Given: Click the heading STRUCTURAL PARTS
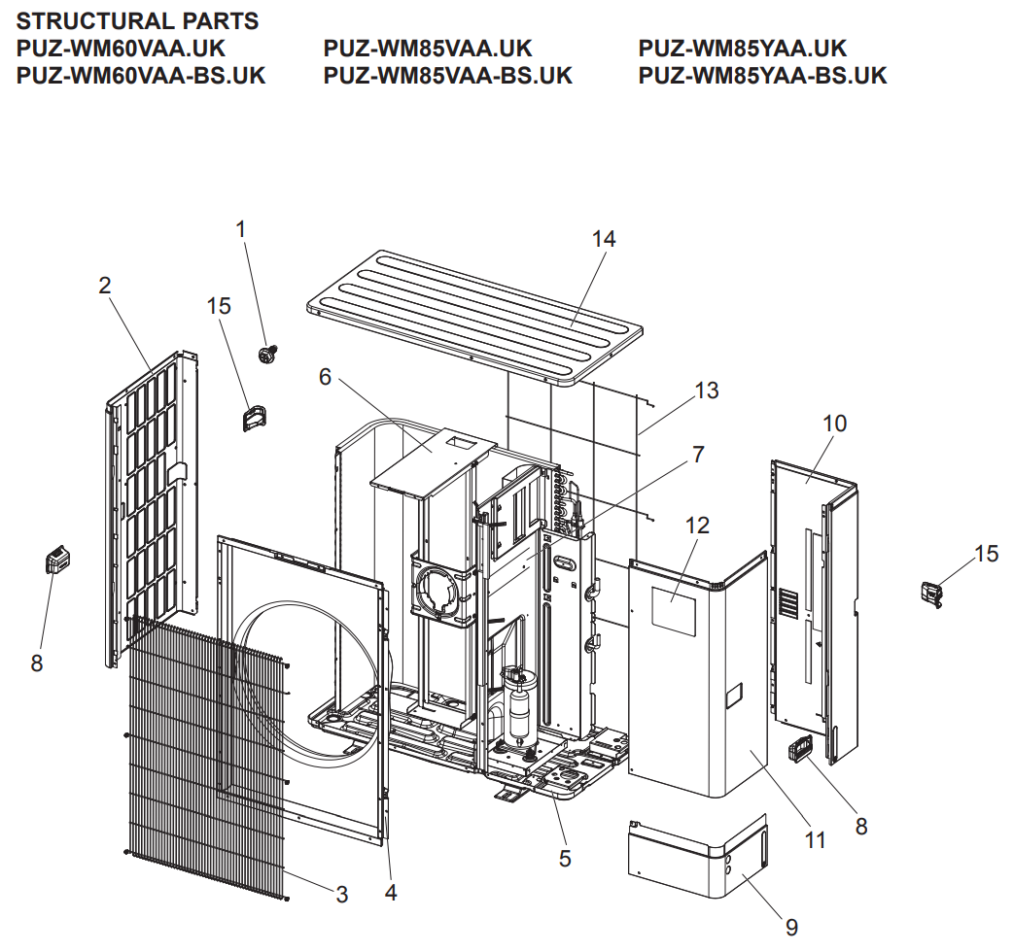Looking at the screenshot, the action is pos(137,21).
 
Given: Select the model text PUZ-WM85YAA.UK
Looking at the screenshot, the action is pos(743,49).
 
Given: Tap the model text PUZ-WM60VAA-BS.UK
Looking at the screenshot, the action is pos(141,76).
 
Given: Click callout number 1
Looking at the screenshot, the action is pos(241,229).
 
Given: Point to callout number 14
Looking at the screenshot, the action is pos(604,239).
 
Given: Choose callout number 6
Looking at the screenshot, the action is pos(326,377).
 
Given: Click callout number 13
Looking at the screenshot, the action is pos(706,391).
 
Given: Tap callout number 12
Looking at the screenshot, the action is pos(697,526).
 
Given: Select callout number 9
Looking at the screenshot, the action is pos(792,928).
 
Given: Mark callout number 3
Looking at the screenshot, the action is pos(342,895).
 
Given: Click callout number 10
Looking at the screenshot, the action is pos(834,424).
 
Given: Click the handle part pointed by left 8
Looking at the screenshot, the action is pos(57,559).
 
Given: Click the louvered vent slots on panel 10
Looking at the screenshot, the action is pos(789,603).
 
